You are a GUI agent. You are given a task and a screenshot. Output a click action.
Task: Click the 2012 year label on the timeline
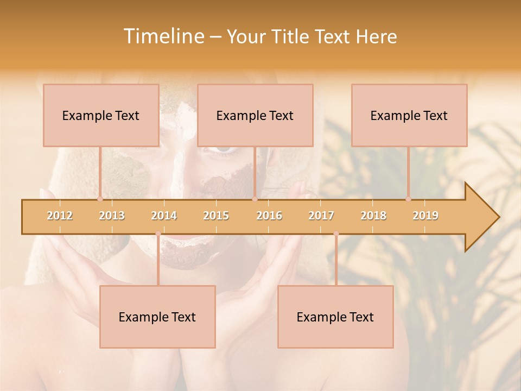pos(60,216)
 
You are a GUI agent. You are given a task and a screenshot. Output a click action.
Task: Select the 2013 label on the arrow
pos(112,216)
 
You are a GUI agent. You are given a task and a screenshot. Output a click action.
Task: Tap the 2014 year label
pos(164,216)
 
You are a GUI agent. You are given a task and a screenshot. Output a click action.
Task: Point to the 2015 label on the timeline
pos(216,216)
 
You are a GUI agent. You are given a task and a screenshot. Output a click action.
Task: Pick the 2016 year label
pos(269,216)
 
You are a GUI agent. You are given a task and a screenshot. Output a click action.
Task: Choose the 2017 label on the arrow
pos(321,216)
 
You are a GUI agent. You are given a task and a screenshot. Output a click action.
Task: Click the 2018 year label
pos(373,216)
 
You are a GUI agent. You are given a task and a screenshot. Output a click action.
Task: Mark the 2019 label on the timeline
pos(425,216)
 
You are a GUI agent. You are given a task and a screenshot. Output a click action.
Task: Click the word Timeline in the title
pos(163,36)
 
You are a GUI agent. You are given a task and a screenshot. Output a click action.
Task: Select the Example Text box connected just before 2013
pos(101,115)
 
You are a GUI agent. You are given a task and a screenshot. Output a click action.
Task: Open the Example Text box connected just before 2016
pos(255,115)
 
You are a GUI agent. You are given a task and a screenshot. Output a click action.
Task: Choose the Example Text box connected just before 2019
pos(409,115)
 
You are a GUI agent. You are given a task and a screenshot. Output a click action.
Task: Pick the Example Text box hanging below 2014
pos(157,317)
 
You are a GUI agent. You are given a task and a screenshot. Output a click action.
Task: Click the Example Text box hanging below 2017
pos(335,317)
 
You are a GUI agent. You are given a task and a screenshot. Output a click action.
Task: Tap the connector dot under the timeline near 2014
pos(158,234)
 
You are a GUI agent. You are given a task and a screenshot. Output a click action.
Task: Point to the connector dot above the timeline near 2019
pos(409,199)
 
